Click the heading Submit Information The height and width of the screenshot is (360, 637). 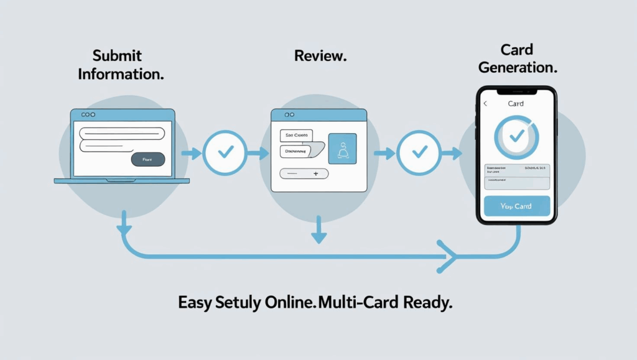(x=121, y=65)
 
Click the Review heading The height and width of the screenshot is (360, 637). (x=320, y=56)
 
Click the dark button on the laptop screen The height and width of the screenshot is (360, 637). (x=148, y=159)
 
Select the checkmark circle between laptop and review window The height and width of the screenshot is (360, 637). (x=222, y=152)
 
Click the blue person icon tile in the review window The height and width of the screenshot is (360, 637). (x=342, y=149)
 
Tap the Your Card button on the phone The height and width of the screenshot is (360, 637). (x=516, y=206)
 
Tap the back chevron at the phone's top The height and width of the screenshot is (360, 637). (x=485, y=104)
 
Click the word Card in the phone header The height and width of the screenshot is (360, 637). (x=516, y=104)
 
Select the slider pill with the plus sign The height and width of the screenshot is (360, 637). (x=304, y=174)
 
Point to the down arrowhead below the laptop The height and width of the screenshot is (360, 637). (x=124, y=229)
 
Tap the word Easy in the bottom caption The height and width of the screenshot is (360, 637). (x=195, y=303)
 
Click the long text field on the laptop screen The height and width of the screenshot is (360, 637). (x=121, y=131)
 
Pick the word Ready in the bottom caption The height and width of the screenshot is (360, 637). (x=426, y=303)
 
